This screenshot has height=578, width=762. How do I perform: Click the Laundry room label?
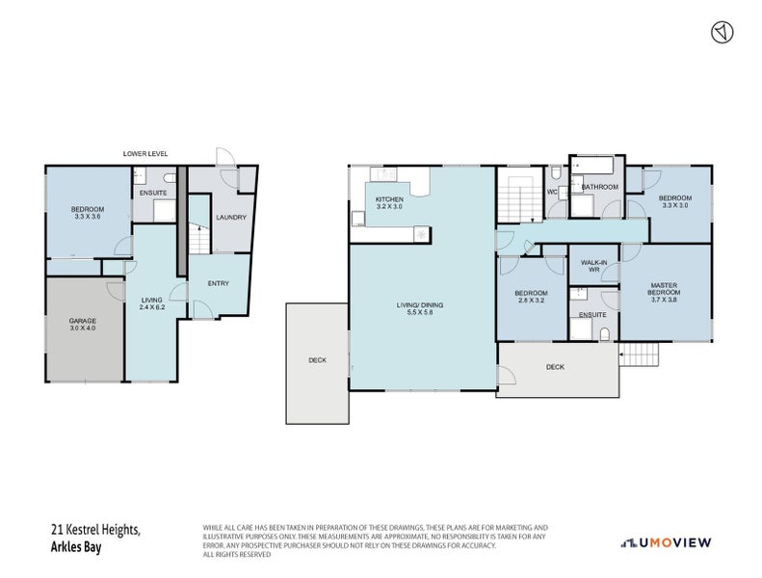230,218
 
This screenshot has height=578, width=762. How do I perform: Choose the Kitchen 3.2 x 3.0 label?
389,203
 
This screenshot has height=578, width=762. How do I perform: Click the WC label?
552,191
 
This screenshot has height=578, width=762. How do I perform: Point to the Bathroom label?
598,187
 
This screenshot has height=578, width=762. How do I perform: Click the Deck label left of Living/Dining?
317,360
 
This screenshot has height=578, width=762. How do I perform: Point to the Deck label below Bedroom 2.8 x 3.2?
555,367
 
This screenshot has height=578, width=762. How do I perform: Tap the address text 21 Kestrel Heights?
95,530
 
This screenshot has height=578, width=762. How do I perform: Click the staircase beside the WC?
518,199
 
